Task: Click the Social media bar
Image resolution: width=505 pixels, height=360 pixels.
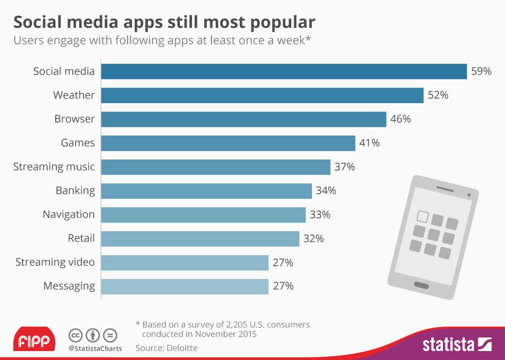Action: pyautogui.click(x=284, y=71)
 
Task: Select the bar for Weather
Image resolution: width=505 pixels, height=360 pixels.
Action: pyautogui.click(x=262, y=95)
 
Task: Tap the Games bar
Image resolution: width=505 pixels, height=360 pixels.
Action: pyautogui.click(x=228, y=143)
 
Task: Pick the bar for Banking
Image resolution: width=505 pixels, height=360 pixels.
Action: pyautogui.click(x=206, y=191)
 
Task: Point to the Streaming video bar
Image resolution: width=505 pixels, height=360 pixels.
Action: pyautogui.click(x=185, y=262)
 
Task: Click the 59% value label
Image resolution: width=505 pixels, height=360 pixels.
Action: pyautogui.click(x=481, y=71)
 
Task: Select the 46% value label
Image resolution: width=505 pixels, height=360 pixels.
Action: pyautogui.click(x=401, y=119)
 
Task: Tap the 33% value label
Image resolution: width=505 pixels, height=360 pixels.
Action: pyautogui.click(x=320, y=215)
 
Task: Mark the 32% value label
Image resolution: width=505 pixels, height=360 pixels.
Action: pyautogui.click(x=314, y=238)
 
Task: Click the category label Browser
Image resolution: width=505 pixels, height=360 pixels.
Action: pyautogui.click(x=75, y=119)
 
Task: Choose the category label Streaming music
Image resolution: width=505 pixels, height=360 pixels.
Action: pyautogui.click(x=54, y=167)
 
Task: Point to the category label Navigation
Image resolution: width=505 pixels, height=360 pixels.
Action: pyautogui.click(x=69, y=215)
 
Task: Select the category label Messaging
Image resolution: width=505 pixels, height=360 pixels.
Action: pyautogui.click(x=69, y=286)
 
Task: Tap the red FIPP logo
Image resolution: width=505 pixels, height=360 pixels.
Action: pyautogui.click(x=34, y=340)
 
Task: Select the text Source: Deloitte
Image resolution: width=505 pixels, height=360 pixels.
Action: pyautogui.click(x=167, y=348)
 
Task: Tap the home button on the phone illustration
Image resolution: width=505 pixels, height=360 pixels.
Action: pyautogui.click(x=422, y=285)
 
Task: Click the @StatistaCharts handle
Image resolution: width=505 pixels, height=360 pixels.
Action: pyautogui.click(x=95, y=348)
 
